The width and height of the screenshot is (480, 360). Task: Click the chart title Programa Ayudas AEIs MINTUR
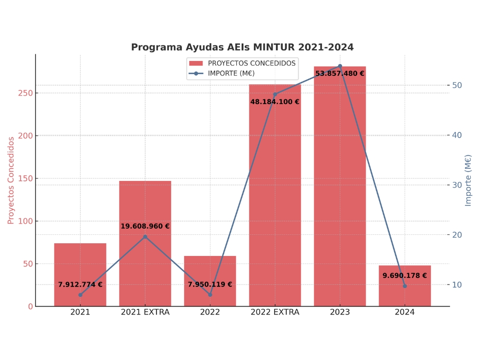pos(242,47)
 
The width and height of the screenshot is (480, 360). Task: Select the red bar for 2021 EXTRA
pos(145,262)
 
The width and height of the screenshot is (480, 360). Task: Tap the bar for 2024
pos(405,295)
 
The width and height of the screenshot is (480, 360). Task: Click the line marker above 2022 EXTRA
pos(275,94)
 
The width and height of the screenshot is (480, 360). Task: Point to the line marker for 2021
pos(80,295)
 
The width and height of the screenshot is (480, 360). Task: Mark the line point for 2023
pos(340,66)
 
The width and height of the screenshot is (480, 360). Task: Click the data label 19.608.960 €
pos(145,226)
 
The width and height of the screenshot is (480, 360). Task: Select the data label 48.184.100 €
pos(275,102)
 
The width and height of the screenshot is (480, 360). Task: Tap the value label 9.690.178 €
pos(405,276)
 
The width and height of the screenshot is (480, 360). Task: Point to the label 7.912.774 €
pos(80,285)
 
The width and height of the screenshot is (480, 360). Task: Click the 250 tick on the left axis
pos(25,93)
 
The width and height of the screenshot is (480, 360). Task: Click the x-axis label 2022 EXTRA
pos(275,312)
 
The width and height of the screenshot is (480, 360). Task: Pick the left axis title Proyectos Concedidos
pos(11,180)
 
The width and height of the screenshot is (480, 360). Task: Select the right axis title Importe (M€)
pos(468,180)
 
